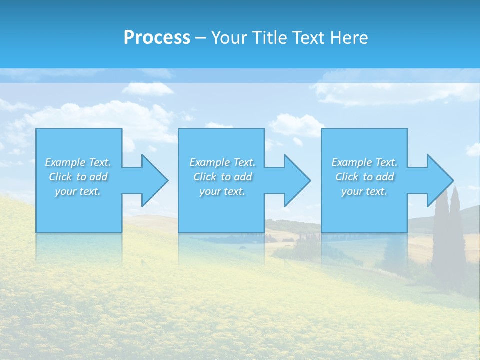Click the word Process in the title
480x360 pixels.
157,38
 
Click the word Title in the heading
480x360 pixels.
269,38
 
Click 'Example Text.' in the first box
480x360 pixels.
78,162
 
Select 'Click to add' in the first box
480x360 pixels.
78,177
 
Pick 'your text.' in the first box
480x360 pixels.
78,191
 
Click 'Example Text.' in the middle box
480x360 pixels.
222,162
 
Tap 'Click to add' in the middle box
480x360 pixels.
222,177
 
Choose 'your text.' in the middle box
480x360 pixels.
222,191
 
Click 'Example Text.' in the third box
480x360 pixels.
364,162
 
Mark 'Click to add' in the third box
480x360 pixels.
364,177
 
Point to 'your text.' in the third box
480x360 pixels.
364,191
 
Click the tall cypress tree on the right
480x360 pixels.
456,235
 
